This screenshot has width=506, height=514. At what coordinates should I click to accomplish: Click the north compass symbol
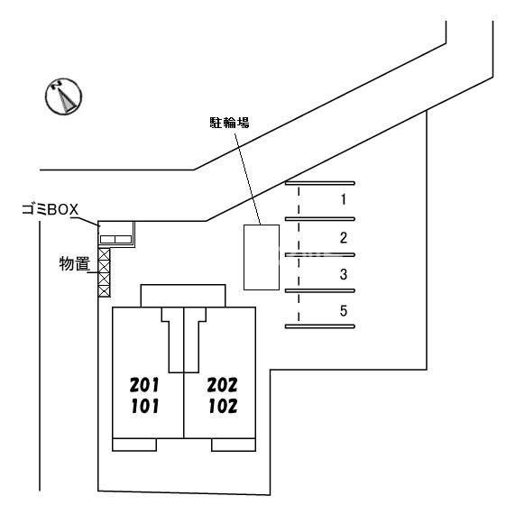63,96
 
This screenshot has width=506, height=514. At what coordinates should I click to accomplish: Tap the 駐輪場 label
230,123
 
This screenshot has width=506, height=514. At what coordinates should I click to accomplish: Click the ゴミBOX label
51,209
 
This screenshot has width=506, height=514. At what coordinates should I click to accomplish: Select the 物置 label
75,264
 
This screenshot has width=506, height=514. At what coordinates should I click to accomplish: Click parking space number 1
344,199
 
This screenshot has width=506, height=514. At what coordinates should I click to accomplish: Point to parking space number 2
344,238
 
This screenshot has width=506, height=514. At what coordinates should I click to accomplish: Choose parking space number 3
344,274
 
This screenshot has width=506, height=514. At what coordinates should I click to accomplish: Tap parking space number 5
344,311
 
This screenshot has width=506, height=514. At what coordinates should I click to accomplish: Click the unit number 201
144,384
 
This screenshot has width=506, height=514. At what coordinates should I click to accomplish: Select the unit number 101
144,406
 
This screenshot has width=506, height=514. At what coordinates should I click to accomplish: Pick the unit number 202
223,384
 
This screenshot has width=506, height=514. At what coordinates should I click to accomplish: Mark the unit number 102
223,406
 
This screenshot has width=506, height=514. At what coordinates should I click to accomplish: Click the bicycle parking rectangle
262,257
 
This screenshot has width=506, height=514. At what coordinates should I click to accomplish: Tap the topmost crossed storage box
105,254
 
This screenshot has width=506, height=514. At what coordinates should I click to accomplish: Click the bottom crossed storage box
105,291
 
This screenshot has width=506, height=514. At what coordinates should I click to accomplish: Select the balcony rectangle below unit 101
134,445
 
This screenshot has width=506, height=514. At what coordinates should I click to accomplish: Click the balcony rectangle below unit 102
234,445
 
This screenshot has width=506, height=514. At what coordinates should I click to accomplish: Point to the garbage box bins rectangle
115,239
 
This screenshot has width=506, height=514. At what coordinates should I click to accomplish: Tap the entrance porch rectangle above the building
183,296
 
